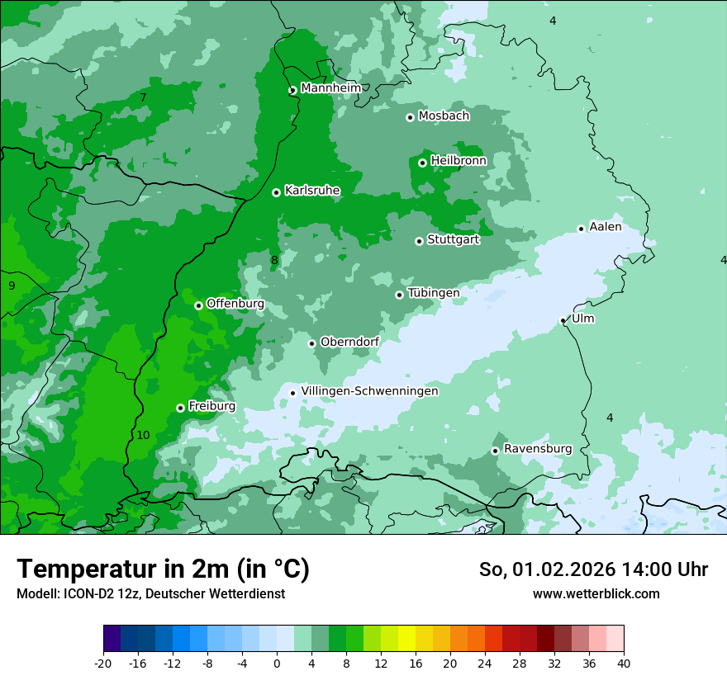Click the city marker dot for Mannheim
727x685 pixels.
(x=292, y=91)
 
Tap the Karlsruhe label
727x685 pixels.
(x=312, y=191)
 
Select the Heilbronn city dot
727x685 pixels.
(x=422, y=163)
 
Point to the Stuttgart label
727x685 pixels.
(x=453, y=240)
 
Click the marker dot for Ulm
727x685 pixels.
(x=563, y=320)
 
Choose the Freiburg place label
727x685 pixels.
(x=211, y=406)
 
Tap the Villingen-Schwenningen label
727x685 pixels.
(x=369, y=391)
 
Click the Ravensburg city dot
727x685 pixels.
(x=495, y=451)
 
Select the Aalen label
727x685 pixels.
(x=605, y=227)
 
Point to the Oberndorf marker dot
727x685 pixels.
(x=311, y=343)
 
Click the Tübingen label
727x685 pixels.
(x=433, y=293)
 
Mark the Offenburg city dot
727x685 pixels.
(x=198, y=305)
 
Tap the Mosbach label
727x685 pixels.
(x=444, y=116)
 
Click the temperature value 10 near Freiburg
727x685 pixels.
(x=143, y=435)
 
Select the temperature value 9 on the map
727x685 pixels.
(x=12, y=286)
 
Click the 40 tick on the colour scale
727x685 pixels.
(x=623, y=662)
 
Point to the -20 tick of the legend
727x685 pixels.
(x=103, y=662)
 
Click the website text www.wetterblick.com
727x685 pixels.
(x=596, y=593)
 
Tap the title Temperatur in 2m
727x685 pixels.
(x=163, y=569)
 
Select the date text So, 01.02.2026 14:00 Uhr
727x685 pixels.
(x=593, y=569)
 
